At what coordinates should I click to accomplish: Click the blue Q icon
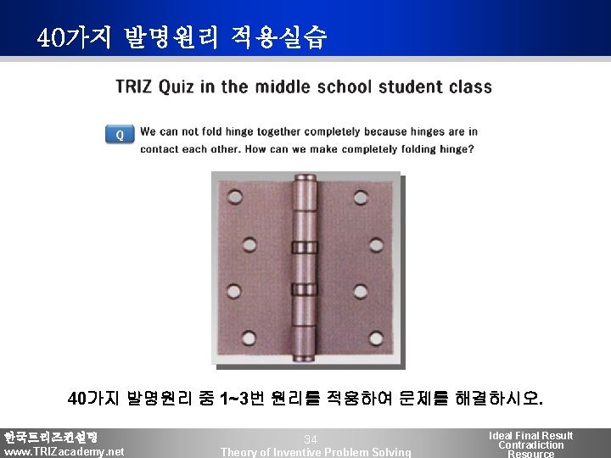(x=120, y=134)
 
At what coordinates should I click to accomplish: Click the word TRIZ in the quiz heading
(x=134, y=87)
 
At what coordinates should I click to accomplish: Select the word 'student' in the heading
(x=411, y=87)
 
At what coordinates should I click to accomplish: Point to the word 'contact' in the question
(x=160, y=149)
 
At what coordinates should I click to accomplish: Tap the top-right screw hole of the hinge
(x=361, y=198)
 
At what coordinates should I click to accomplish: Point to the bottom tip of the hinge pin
(x=303, y=357)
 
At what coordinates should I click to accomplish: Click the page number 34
(x=311, y=439)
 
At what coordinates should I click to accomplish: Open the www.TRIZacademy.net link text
(x=64, y=451)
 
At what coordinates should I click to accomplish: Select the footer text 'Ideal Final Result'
(x=530, y=435)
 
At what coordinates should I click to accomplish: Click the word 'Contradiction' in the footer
(x=530, y=445)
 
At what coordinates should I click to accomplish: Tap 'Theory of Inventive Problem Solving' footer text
(x=316, y=452)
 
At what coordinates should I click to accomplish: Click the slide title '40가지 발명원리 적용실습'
(x=182, y=38)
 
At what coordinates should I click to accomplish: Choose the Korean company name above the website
(x=51, y=437)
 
